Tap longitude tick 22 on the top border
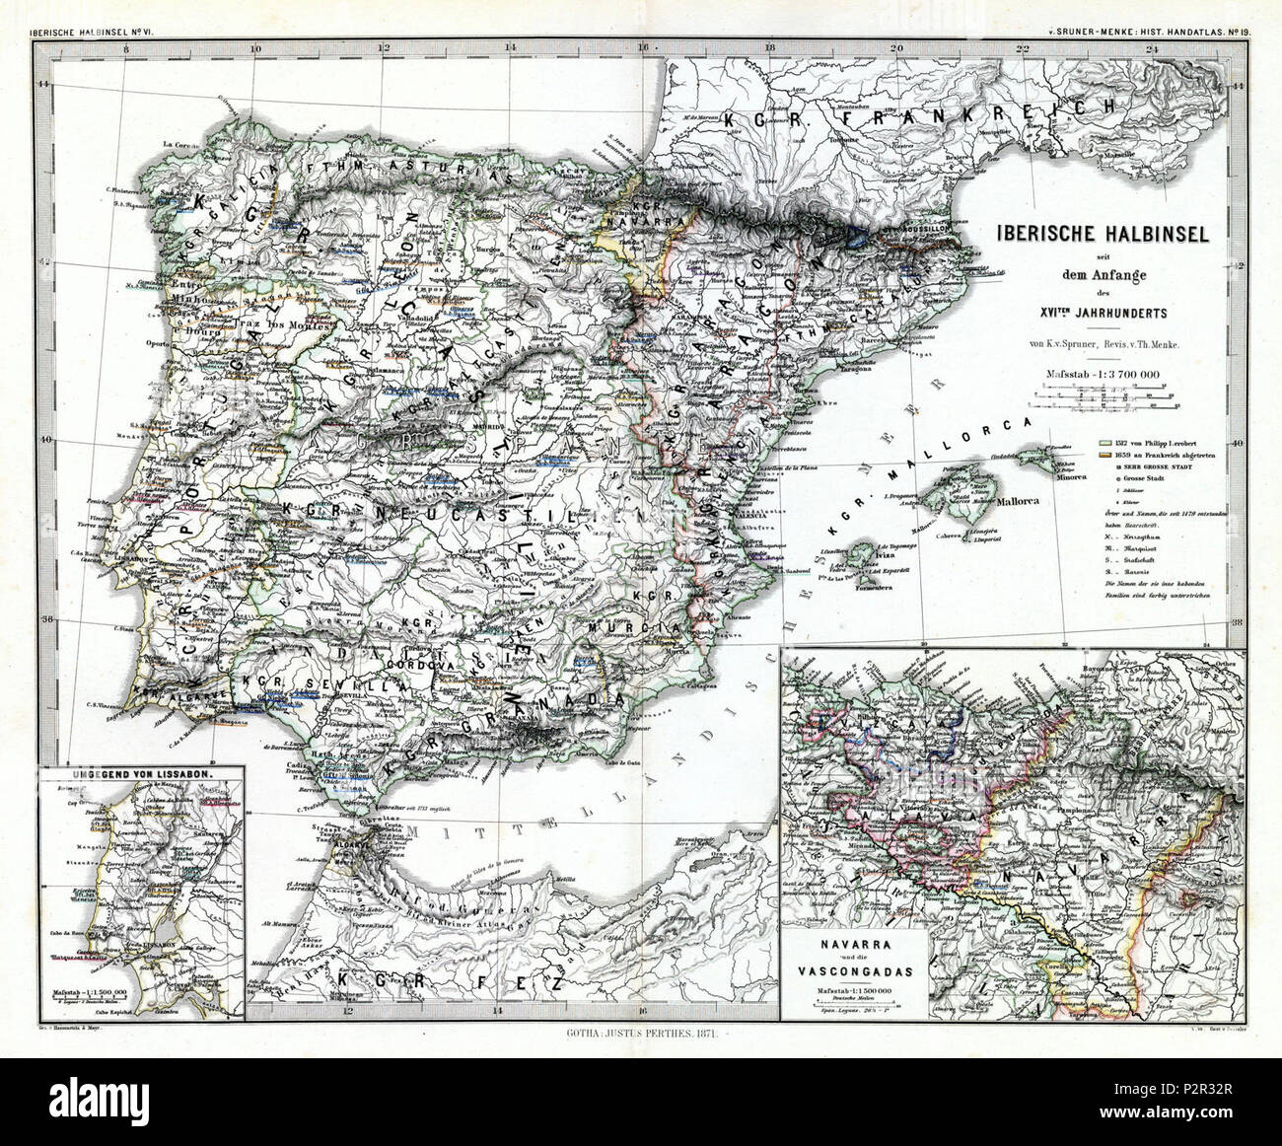(x=1024, y=46)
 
